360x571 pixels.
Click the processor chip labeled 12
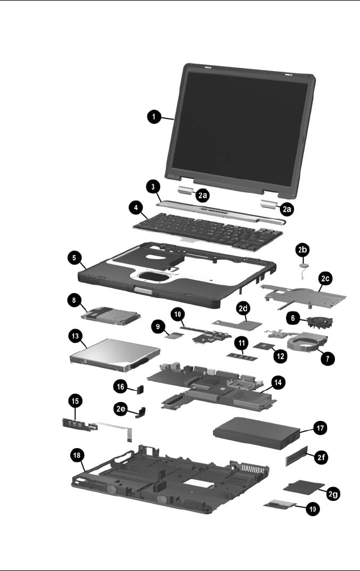[x=260, y=347]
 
